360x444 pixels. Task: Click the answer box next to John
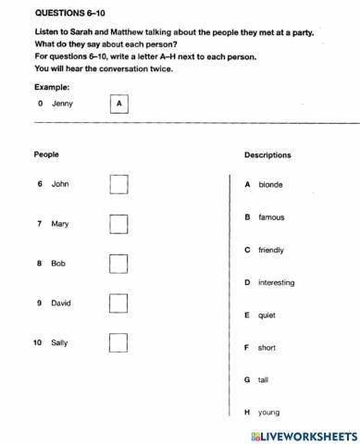[118, 184]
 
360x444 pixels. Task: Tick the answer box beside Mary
[118, 224]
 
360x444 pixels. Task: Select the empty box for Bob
[118, 264]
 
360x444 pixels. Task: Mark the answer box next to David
[118, 303]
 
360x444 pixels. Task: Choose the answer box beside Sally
[118, 342]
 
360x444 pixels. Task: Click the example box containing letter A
[118, 104]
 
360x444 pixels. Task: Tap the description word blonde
[270, 185]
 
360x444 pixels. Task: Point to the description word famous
[271, 217]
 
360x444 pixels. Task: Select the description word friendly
[271, 250]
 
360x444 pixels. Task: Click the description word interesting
[276, 282]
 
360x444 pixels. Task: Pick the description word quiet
[267, 315]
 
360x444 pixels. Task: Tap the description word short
[267, 348]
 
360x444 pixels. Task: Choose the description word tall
[264, 380]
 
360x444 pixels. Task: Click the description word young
[268, 413]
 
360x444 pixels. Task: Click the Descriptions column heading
[267, 155]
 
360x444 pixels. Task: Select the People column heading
[46, 154]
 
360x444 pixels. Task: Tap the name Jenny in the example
[62, 104]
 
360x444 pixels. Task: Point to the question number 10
[37, 342]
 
